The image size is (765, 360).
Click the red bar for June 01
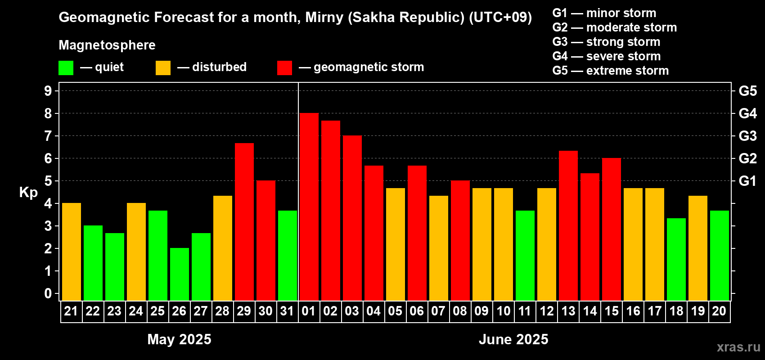(309, 207)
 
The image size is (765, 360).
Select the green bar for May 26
(179, 274)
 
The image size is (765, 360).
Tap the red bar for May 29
(244, 222)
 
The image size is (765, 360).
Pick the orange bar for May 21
(72, 252)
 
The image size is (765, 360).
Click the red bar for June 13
(568, 226)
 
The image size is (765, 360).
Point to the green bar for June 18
(676, 259)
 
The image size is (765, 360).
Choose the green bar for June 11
(525, 256)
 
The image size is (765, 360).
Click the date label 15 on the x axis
(611, 311)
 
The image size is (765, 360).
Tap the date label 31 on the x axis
(287, 311)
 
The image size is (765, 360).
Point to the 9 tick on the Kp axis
(48, 91)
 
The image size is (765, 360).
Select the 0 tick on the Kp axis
(48, 293)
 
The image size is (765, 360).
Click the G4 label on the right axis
(748, 113)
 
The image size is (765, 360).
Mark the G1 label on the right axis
(748, 181)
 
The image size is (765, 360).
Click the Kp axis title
(28, 193)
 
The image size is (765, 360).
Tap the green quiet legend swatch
(66, 67)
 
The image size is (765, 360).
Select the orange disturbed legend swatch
(163, 67)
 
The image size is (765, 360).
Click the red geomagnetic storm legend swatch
(285, 67)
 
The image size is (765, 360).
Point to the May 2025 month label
(179, 339)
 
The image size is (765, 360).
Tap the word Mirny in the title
(324, 18)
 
